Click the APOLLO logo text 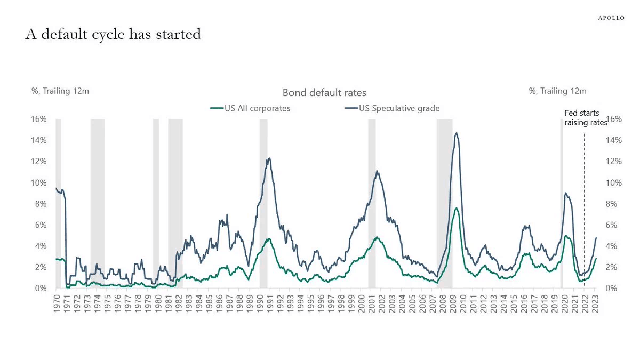pyautogui.click(x=611, y=18)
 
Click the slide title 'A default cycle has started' pyautogui.click(x=113, y=34)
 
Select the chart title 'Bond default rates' pyautogui.click(x=324, y=93)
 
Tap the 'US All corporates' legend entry pyautogui.click(x=250, y=108)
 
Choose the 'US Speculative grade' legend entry pyautogui.click(x=392, y=108)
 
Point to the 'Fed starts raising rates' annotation pyautogui.click(x=586, y=118)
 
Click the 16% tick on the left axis pyautogui.click(x=38, y=119)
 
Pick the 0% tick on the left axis pyautogui.click(x=41, y=289)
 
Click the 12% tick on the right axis pyautogui.click(x=614, y=162)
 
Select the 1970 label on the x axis pyautogui.click(x=57, y=303)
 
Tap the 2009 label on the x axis pyautogui.click(x=453, y=303)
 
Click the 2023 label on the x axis pyautogui.click(x=595, y=303)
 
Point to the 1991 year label pyautogui.click(x=270, y=303)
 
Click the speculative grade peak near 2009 pyautogui.click(x=457, y=133)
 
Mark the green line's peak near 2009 pyautogui.click(x=457, y=207)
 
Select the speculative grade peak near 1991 pyautogui.click(x=269, y=158)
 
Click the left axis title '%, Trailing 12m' pyautogui.click(x=60, y=91)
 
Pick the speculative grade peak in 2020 pyautogui.click(x=565, y=193)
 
